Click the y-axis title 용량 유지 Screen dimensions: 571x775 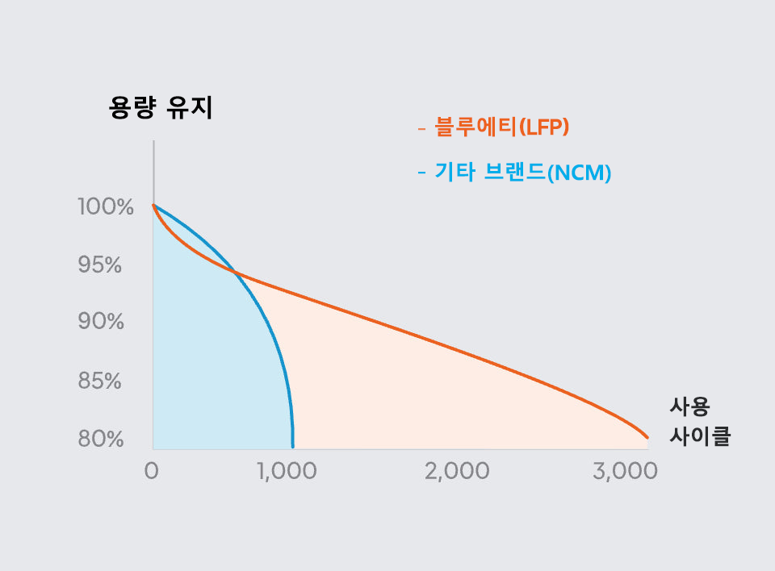tap(161, 108)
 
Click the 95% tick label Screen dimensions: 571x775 tap(99, 265)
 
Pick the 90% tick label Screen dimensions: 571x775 tap(101, 322)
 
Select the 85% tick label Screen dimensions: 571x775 tap(100, 381)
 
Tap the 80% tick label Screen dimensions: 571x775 tap(101, 440)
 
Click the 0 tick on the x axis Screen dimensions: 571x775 tap(151, 472)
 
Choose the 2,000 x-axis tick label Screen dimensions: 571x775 tap(457, 472)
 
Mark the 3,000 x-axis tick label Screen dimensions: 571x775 tap(625, 472)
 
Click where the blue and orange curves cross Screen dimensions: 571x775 tap(236, 273)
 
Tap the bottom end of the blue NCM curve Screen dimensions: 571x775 tap(292, 446)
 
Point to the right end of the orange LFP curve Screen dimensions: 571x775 tap(647, 437)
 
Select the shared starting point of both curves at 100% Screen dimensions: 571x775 tap(153, 206)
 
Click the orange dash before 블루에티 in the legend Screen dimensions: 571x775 tap(421, 128)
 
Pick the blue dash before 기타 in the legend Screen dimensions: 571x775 tap(421, 173)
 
